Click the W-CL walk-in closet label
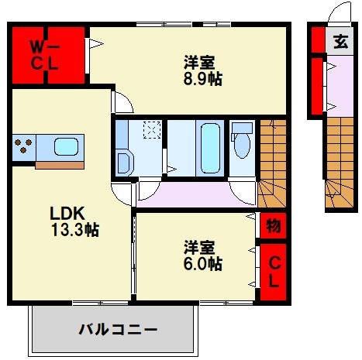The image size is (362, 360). pyautogui.click(x=45, y=55)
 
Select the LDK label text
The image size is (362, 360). pyautogui.click(x=67, y=212)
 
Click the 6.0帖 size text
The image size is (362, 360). pyautogui.click(x=202, y=266)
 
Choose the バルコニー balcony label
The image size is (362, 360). pyautogui.click(x=118, y=329)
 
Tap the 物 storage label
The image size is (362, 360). pyautogui.click(x=273, y=227)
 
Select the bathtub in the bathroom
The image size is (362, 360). pyautogui.click(x=210, y=147)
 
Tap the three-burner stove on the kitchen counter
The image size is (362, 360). pyautogui.click(x=23, y=146)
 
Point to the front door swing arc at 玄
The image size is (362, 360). pyautogui.click(x=340, y=14)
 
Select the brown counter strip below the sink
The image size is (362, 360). pyautogui.click(x=61, y=164)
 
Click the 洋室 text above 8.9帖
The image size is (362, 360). pyautogui.click(x=199, y=62)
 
